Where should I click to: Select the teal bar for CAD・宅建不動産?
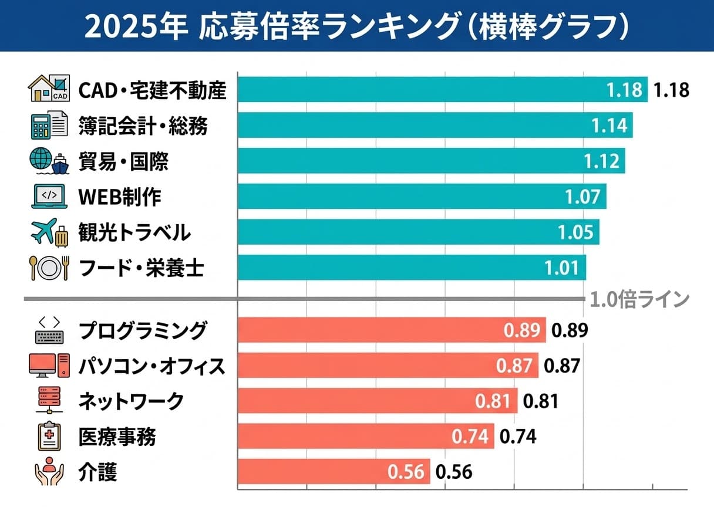423,89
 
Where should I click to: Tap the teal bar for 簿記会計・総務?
423,125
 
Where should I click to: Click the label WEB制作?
120,197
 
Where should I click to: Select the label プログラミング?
143,330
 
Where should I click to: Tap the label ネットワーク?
131,401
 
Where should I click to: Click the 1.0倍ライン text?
639,299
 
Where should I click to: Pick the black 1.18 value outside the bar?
671,90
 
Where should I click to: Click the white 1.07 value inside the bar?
583,197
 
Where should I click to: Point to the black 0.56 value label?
454,472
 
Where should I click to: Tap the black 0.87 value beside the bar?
562,366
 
